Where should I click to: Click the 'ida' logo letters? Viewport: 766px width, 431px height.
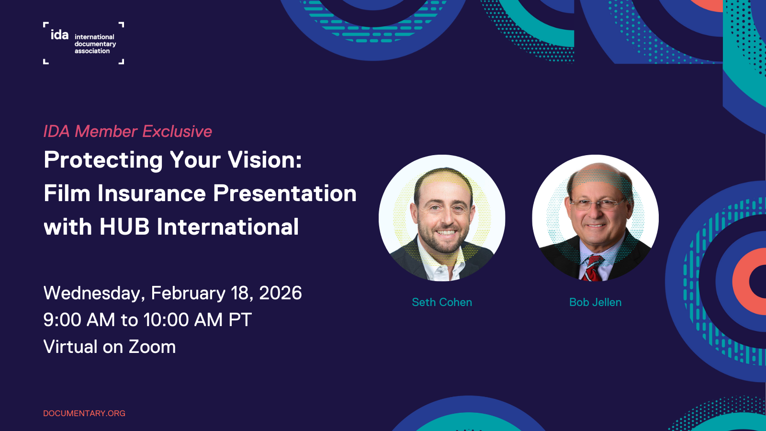coord(59,34)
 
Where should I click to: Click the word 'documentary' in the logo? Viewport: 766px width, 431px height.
coord(95,44)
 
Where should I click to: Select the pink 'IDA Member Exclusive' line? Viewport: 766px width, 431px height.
coord(127,131)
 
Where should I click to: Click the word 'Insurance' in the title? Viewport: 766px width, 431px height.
coord(152,193)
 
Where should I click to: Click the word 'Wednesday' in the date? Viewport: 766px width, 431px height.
coord(94,293)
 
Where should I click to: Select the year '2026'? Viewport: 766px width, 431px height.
coord(281,293)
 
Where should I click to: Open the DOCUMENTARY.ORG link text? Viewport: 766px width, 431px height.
coord(84,413)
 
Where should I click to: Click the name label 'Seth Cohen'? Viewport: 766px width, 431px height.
coord(442,302)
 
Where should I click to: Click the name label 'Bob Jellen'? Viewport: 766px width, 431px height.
coord(595,302)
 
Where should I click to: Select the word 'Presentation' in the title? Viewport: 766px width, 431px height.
coord(285,193)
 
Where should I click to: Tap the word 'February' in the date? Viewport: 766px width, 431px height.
coord(188,293)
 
